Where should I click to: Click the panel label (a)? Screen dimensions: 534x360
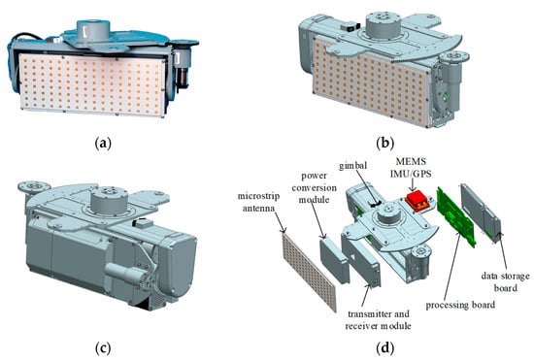tap(103, 144)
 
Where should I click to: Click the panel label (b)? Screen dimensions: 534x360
tap(384, 143)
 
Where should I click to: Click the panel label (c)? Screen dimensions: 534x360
tap(103, 348)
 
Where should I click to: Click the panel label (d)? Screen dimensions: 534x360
tap(384, 348)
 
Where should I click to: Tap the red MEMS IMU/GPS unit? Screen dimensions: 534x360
tap(417, 201)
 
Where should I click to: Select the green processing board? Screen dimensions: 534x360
tap(456, 215)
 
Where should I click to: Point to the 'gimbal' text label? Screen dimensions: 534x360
tap(352, 165)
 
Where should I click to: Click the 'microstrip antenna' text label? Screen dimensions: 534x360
tap(258, 202)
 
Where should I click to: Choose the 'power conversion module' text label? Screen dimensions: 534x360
tap(314, 187)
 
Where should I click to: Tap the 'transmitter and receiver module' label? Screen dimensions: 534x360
tap(378, 319)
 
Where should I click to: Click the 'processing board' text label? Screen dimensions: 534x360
tap(460, 305)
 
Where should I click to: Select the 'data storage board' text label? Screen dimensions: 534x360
tap(506, 281)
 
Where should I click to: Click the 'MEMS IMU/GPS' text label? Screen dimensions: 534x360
tap(411, 168)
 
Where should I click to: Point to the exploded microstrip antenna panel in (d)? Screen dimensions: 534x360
tap(309, 270)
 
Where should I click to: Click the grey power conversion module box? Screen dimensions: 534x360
tap(334, 260)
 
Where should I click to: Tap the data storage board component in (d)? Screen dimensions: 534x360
tap(481, 213)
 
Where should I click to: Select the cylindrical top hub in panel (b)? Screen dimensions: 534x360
tap(384, 25)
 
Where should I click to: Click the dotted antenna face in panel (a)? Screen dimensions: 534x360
tap(91, 85)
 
